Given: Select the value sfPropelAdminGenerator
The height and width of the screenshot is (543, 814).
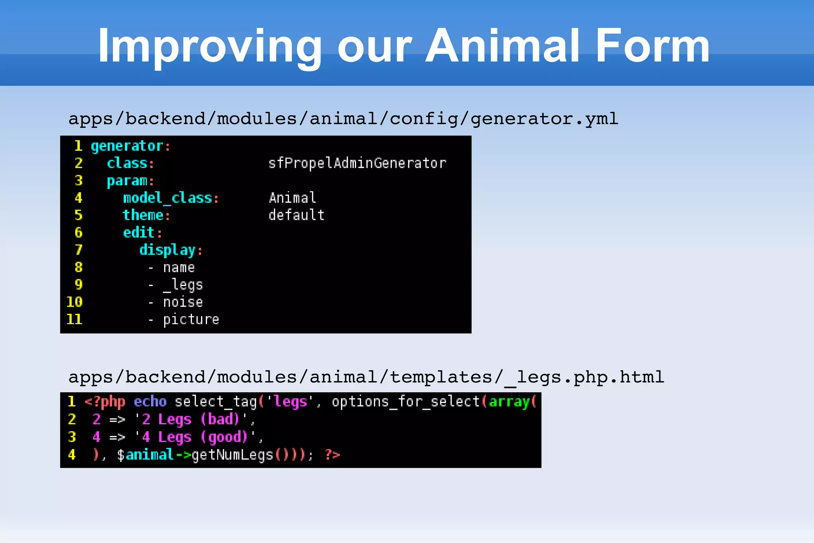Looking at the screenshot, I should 357,163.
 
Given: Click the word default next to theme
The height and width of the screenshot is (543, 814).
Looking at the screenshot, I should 297,215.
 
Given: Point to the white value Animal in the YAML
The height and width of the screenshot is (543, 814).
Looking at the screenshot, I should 293,198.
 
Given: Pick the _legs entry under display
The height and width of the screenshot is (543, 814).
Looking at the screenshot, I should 183,285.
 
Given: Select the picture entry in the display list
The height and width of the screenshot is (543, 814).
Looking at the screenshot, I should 191,319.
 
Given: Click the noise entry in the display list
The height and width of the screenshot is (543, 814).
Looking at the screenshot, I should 183,302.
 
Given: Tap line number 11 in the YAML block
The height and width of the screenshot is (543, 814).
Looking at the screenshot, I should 74,319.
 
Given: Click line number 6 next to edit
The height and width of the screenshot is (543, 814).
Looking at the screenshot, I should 79,232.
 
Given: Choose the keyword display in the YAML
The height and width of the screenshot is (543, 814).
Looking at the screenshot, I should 167,250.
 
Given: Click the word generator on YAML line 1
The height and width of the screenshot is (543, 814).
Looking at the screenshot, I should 127,146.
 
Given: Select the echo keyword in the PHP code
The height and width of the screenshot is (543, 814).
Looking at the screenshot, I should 150,402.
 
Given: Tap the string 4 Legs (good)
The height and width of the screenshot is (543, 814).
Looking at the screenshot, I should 195,437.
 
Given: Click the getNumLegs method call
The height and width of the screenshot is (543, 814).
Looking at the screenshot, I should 232,455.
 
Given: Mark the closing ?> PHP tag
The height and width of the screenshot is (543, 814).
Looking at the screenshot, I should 332,454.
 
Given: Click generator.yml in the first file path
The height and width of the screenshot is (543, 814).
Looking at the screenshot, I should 544,119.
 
